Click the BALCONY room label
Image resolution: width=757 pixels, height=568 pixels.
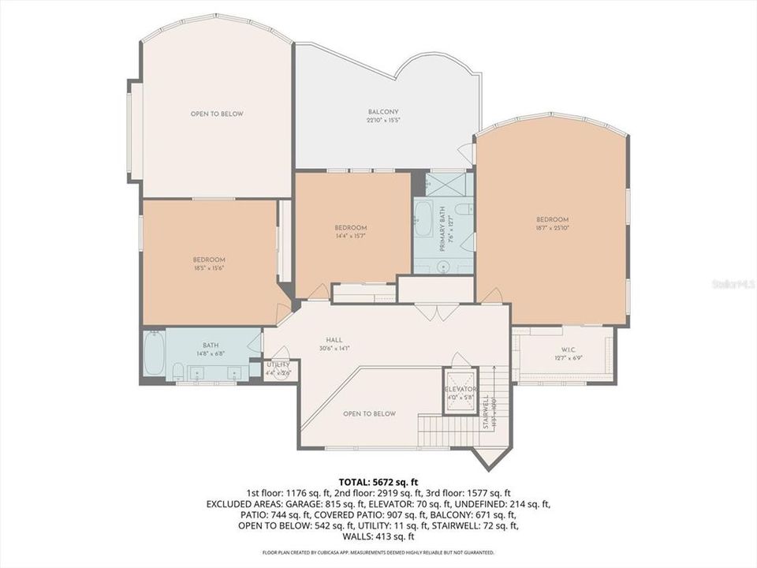[383, 112]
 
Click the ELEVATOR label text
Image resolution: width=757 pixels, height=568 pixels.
[461, 389]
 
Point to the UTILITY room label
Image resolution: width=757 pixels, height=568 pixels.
[277, 364]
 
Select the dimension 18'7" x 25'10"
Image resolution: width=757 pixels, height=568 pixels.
[552, 228]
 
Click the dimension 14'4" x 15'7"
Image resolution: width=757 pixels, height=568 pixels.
[350, 236]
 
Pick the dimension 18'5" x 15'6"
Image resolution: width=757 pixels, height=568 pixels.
[209, 268]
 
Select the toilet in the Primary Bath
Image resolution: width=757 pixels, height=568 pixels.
[464, 209]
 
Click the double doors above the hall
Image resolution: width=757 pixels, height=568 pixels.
[436, 312]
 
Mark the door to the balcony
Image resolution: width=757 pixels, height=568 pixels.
[467, 153]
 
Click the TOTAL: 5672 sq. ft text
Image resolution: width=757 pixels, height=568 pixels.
[378, 480]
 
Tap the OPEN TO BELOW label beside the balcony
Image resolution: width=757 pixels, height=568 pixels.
[217, 114]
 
